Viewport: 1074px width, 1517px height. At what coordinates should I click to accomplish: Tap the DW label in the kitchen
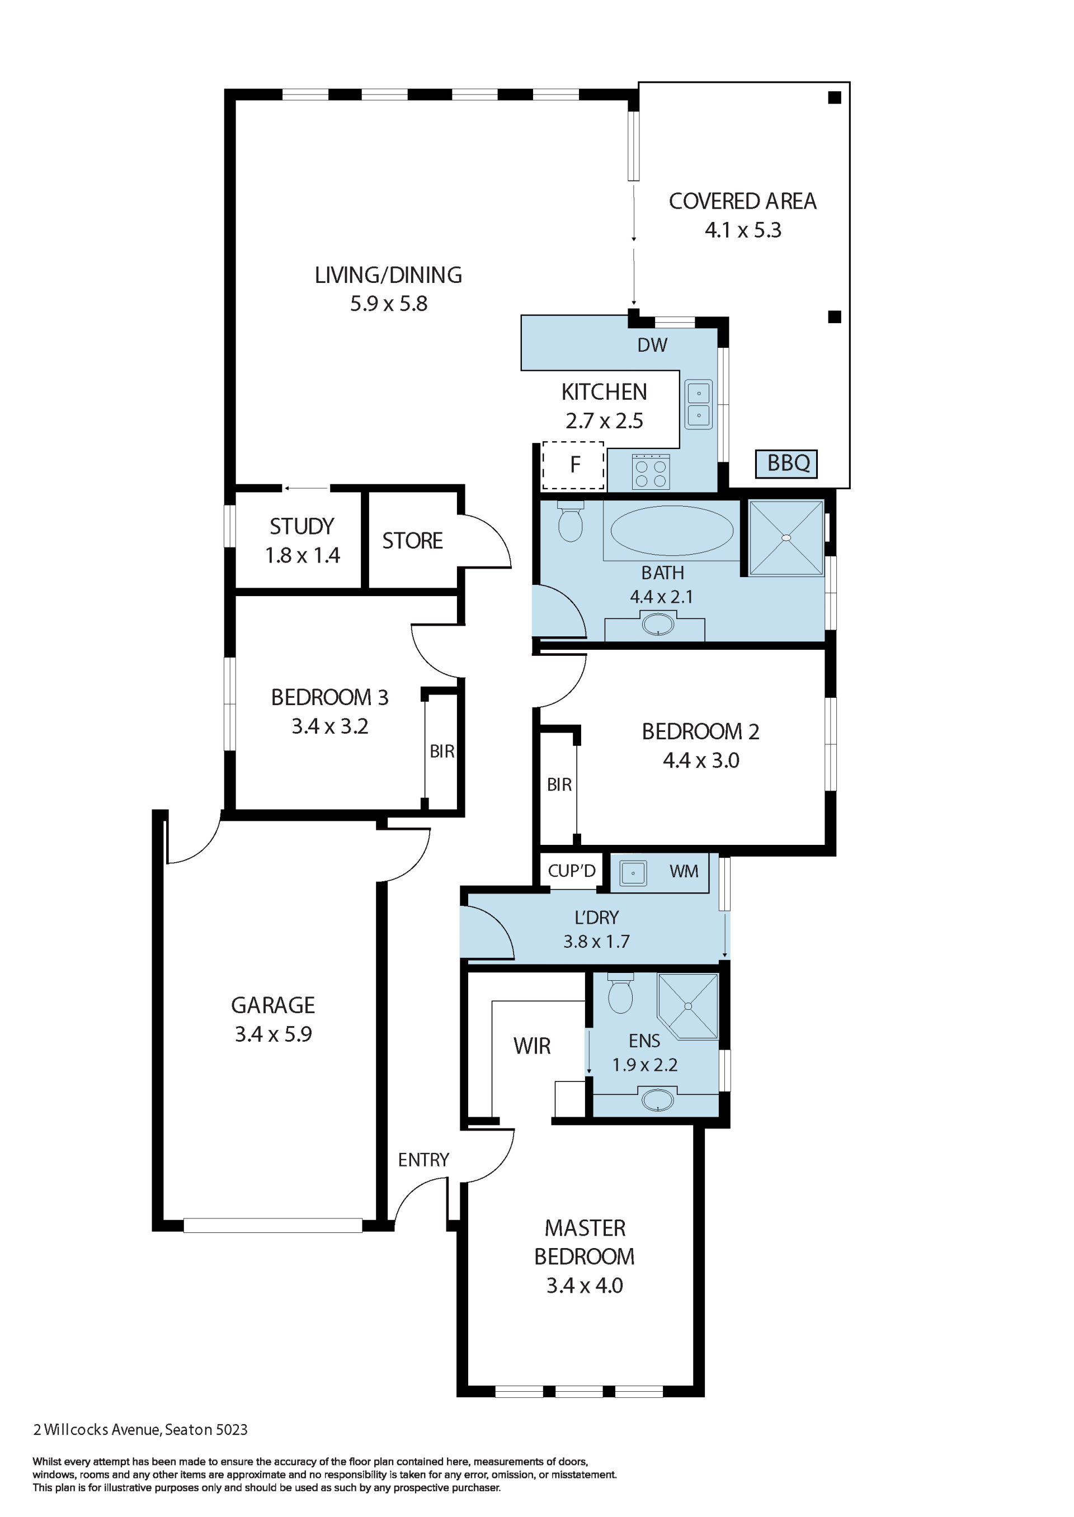652,344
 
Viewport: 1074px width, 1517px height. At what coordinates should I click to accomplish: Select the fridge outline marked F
573,465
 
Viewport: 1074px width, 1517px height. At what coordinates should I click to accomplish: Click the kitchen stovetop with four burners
651,472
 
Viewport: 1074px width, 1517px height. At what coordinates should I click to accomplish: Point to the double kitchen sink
698,404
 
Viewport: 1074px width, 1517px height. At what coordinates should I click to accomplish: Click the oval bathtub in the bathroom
671,530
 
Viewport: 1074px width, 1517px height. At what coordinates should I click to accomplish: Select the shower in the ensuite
688,1005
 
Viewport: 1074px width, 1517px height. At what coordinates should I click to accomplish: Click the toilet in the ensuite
620,993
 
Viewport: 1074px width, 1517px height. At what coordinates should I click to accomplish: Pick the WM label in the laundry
684,871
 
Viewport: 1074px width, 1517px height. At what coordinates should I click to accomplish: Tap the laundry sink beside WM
633,873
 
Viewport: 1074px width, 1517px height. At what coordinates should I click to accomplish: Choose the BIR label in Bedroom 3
442,751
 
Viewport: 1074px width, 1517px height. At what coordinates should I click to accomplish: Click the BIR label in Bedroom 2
559,785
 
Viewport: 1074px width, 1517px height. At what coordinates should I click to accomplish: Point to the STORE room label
413,541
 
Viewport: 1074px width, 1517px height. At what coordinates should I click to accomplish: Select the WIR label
532,1046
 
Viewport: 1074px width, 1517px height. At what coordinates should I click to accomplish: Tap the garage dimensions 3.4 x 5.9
273,1034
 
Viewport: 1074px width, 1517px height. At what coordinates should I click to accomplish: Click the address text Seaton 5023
206,1429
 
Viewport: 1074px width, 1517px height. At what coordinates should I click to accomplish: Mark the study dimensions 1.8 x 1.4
302,555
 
